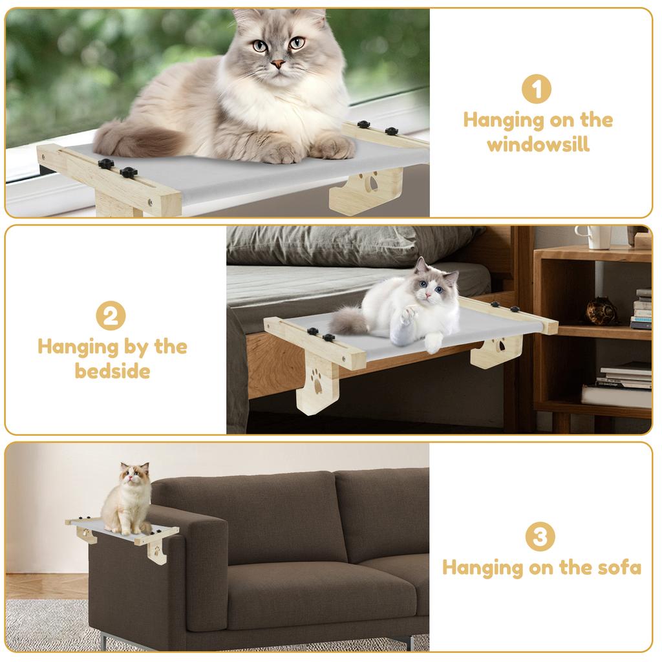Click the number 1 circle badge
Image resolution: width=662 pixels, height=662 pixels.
pos(537,89)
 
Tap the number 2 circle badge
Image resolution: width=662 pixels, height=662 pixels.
pos(111,316)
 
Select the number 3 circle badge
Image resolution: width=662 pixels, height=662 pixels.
pos(540,537)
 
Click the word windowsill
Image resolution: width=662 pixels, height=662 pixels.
pos(538,144)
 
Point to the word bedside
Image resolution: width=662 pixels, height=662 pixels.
pos(112,372)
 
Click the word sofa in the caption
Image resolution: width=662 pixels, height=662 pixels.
pos(617,568)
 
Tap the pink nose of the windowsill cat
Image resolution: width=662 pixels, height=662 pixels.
pos(277,63)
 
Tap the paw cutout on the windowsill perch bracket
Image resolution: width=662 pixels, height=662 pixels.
pos(370,186)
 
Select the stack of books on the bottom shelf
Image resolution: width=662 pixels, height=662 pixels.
pos(619,386)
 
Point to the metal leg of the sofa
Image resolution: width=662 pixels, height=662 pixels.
pos(105,641)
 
